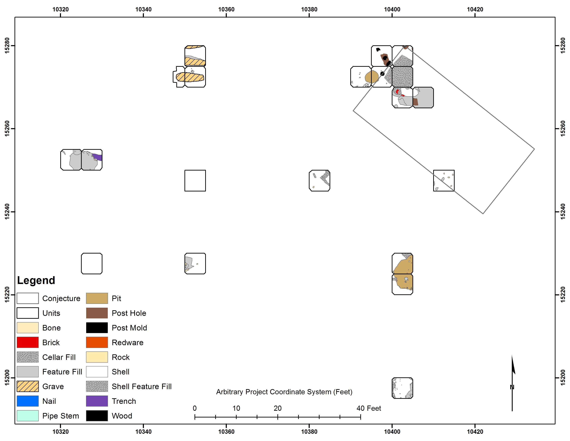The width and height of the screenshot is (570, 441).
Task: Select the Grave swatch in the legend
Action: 28,386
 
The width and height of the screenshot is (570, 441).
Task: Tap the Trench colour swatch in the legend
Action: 97,401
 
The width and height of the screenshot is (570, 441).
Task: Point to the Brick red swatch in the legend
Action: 28,342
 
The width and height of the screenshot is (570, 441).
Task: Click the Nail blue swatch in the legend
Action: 28,401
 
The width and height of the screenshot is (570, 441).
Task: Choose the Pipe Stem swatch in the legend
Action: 28,416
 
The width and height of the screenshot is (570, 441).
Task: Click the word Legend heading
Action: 36,280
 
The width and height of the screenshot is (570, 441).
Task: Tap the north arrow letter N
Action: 512,387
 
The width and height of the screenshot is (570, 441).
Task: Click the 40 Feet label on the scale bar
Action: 369,408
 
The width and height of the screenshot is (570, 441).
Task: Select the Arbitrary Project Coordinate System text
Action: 284,392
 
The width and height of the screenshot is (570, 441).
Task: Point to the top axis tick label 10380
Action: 309,9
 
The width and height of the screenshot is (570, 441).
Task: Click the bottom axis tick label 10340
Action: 143,432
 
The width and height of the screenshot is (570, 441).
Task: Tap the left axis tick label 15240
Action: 7,212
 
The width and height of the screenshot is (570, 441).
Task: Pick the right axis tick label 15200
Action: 563,378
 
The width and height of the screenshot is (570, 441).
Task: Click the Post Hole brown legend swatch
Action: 97,313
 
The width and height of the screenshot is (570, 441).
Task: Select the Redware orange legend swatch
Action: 97,342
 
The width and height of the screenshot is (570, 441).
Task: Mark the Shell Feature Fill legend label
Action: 142,386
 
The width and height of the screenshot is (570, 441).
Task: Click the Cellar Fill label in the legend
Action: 59,357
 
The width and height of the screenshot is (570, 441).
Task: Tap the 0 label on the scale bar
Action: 195,408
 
